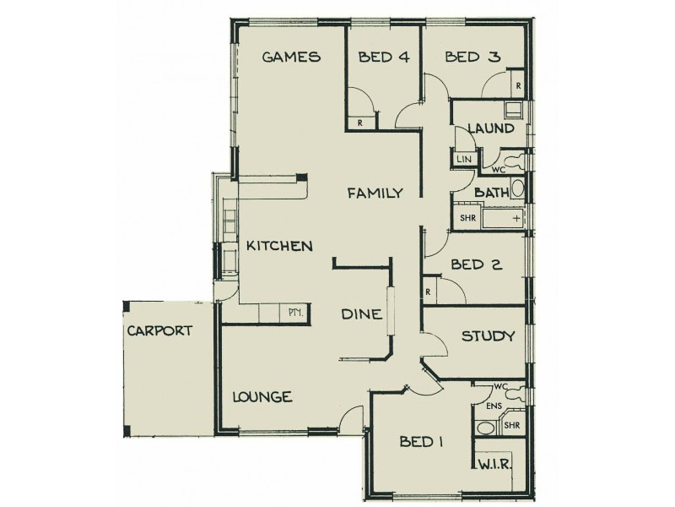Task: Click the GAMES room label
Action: pyautogui.click(x=291, y=57)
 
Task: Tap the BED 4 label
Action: pyautogui.click(x=384, y=57)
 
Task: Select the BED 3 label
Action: pyautogui.click(x=473, y=57)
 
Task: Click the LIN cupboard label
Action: pyautogui.click(x=464, y=159)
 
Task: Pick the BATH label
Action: pyautogui.click(x=491, y=193)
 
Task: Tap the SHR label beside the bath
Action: pyautogui.click(x=468, y=217)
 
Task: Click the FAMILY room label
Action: pyautogui.click(x=375, y=194)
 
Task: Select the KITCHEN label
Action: pyautogui.click(x=280, y=246)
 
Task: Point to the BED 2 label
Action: pyautogui.click(x=477, y=264)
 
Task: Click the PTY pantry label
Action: pyautogui.click(x=295, y=313)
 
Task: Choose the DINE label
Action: pyautogui.click(x=362, y=314)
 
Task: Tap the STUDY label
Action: pyautogui.click(x=488, y=336)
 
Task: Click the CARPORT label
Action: pyautogui.click(x=159, y=330)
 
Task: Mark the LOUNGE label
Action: pyautogui.click(x=262, y=396)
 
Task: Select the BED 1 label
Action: pyautogui.click(x=422, y=441)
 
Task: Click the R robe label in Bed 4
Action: pyautogui.click(x=360, y=123)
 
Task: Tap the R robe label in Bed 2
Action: pyautogui.click(x=429, y=292)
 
